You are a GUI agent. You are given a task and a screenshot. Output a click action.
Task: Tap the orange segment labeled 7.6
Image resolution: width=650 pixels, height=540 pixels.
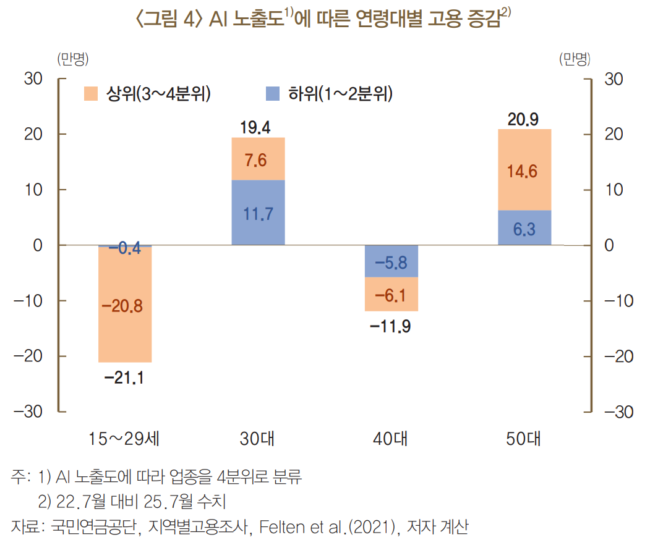pos(258,159)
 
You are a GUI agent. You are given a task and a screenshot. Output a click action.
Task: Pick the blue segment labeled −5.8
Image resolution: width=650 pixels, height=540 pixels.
pos(391,261)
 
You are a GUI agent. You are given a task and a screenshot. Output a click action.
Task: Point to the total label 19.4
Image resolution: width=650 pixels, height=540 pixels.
pos(255,127)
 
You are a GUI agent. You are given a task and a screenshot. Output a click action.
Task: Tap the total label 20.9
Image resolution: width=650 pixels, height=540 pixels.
pos(523,119)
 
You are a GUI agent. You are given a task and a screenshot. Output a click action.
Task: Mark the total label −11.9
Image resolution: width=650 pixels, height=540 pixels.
pos(390,326)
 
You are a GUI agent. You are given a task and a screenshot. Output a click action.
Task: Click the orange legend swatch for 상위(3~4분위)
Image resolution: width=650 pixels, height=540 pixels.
pos(92,94)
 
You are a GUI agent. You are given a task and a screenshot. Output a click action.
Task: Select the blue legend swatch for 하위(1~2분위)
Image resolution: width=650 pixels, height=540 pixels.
pos(273,94)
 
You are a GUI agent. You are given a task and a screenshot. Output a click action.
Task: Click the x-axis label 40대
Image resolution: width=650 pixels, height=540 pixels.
pos(390,440)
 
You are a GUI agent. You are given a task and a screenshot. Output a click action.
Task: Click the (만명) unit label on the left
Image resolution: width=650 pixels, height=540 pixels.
pos(73,59)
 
